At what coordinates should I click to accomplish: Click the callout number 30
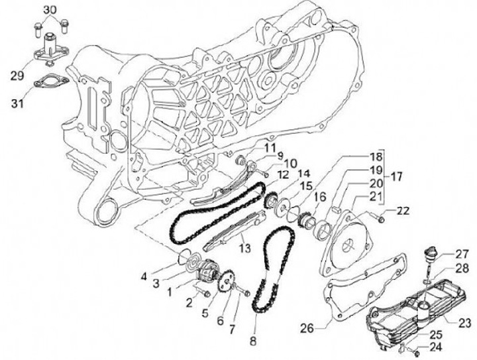coord(51,9)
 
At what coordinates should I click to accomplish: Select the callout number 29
coord(17,76)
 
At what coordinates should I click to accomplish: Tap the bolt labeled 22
coord(381,215)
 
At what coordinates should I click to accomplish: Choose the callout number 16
coord(319,196)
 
